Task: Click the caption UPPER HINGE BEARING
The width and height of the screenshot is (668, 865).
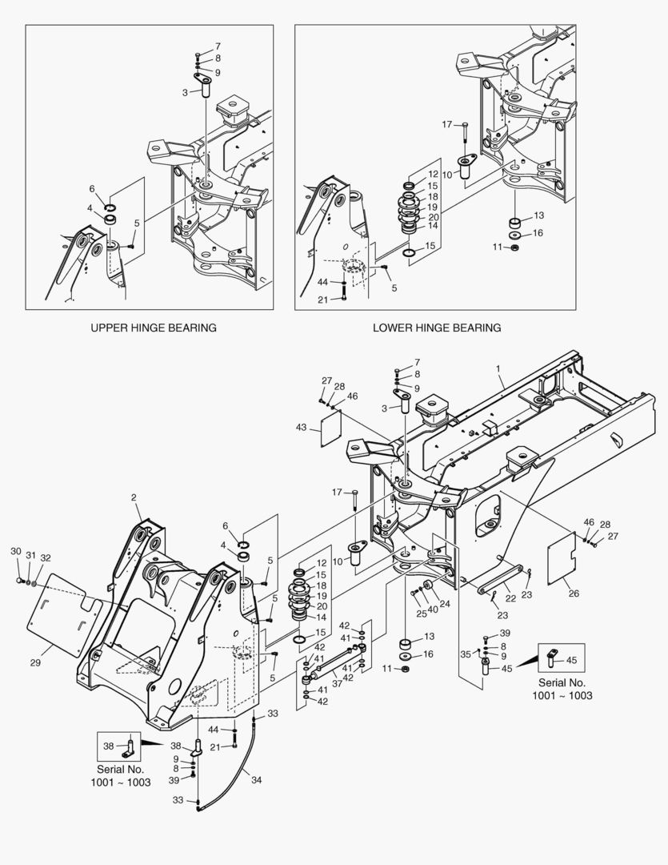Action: [x=153, y=328]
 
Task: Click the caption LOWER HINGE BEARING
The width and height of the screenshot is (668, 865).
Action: [x=437, y=328]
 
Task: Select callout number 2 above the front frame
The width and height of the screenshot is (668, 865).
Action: [x=134, y=498]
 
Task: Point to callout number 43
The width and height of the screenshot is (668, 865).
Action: [x=301, y=428]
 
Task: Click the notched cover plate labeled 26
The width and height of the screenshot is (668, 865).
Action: [x=564, y=561]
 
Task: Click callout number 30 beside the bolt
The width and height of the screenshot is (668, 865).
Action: [x=15, y=551]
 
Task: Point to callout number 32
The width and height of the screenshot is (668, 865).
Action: [x=45, y=557]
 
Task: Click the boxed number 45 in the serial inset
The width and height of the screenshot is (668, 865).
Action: [x=570, y=660]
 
